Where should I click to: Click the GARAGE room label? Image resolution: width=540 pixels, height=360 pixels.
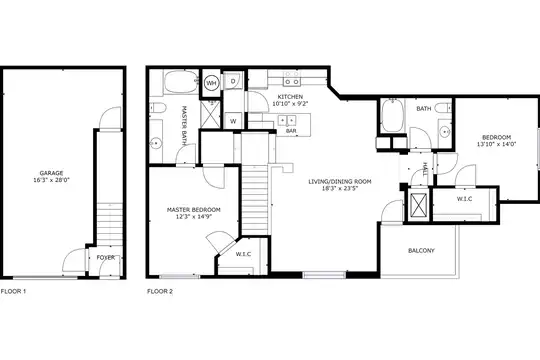[51, 173]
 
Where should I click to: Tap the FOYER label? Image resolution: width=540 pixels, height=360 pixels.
[105, 257]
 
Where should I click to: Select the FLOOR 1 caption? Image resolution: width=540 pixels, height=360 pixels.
[13, 291]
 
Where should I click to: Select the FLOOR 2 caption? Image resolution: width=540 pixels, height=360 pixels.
[160, 291]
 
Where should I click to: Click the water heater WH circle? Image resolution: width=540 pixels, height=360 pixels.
[211, 83]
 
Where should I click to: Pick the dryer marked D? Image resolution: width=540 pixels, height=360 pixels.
[233, 81]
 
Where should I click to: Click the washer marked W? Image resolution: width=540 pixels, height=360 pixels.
[233, 121]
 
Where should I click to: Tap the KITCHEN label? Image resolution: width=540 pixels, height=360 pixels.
[290, 97]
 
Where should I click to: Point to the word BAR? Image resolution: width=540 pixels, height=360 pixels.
[291, 131]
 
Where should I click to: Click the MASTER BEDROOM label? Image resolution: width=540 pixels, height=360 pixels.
[194, 209]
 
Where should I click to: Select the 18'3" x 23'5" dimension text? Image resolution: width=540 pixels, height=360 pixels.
[340, 188]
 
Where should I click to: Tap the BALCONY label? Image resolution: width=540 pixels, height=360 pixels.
[421, 250]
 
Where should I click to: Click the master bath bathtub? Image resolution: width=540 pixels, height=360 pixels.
[181, 81]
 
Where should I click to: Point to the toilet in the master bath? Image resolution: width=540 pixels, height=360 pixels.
[157, 108]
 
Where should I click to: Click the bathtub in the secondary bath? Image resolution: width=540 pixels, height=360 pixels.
[392, 115]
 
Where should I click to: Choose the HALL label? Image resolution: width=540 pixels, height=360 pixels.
[425, 168]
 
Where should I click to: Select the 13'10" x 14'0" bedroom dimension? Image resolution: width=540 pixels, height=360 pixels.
[496, 144]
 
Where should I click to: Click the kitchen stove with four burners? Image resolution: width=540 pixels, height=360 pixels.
[292, 78]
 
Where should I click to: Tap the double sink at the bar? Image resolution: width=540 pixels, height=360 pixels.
[287, 120]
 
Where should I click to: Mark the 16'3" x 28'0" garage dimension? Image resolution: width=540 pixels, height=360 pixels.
[51, 179]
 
